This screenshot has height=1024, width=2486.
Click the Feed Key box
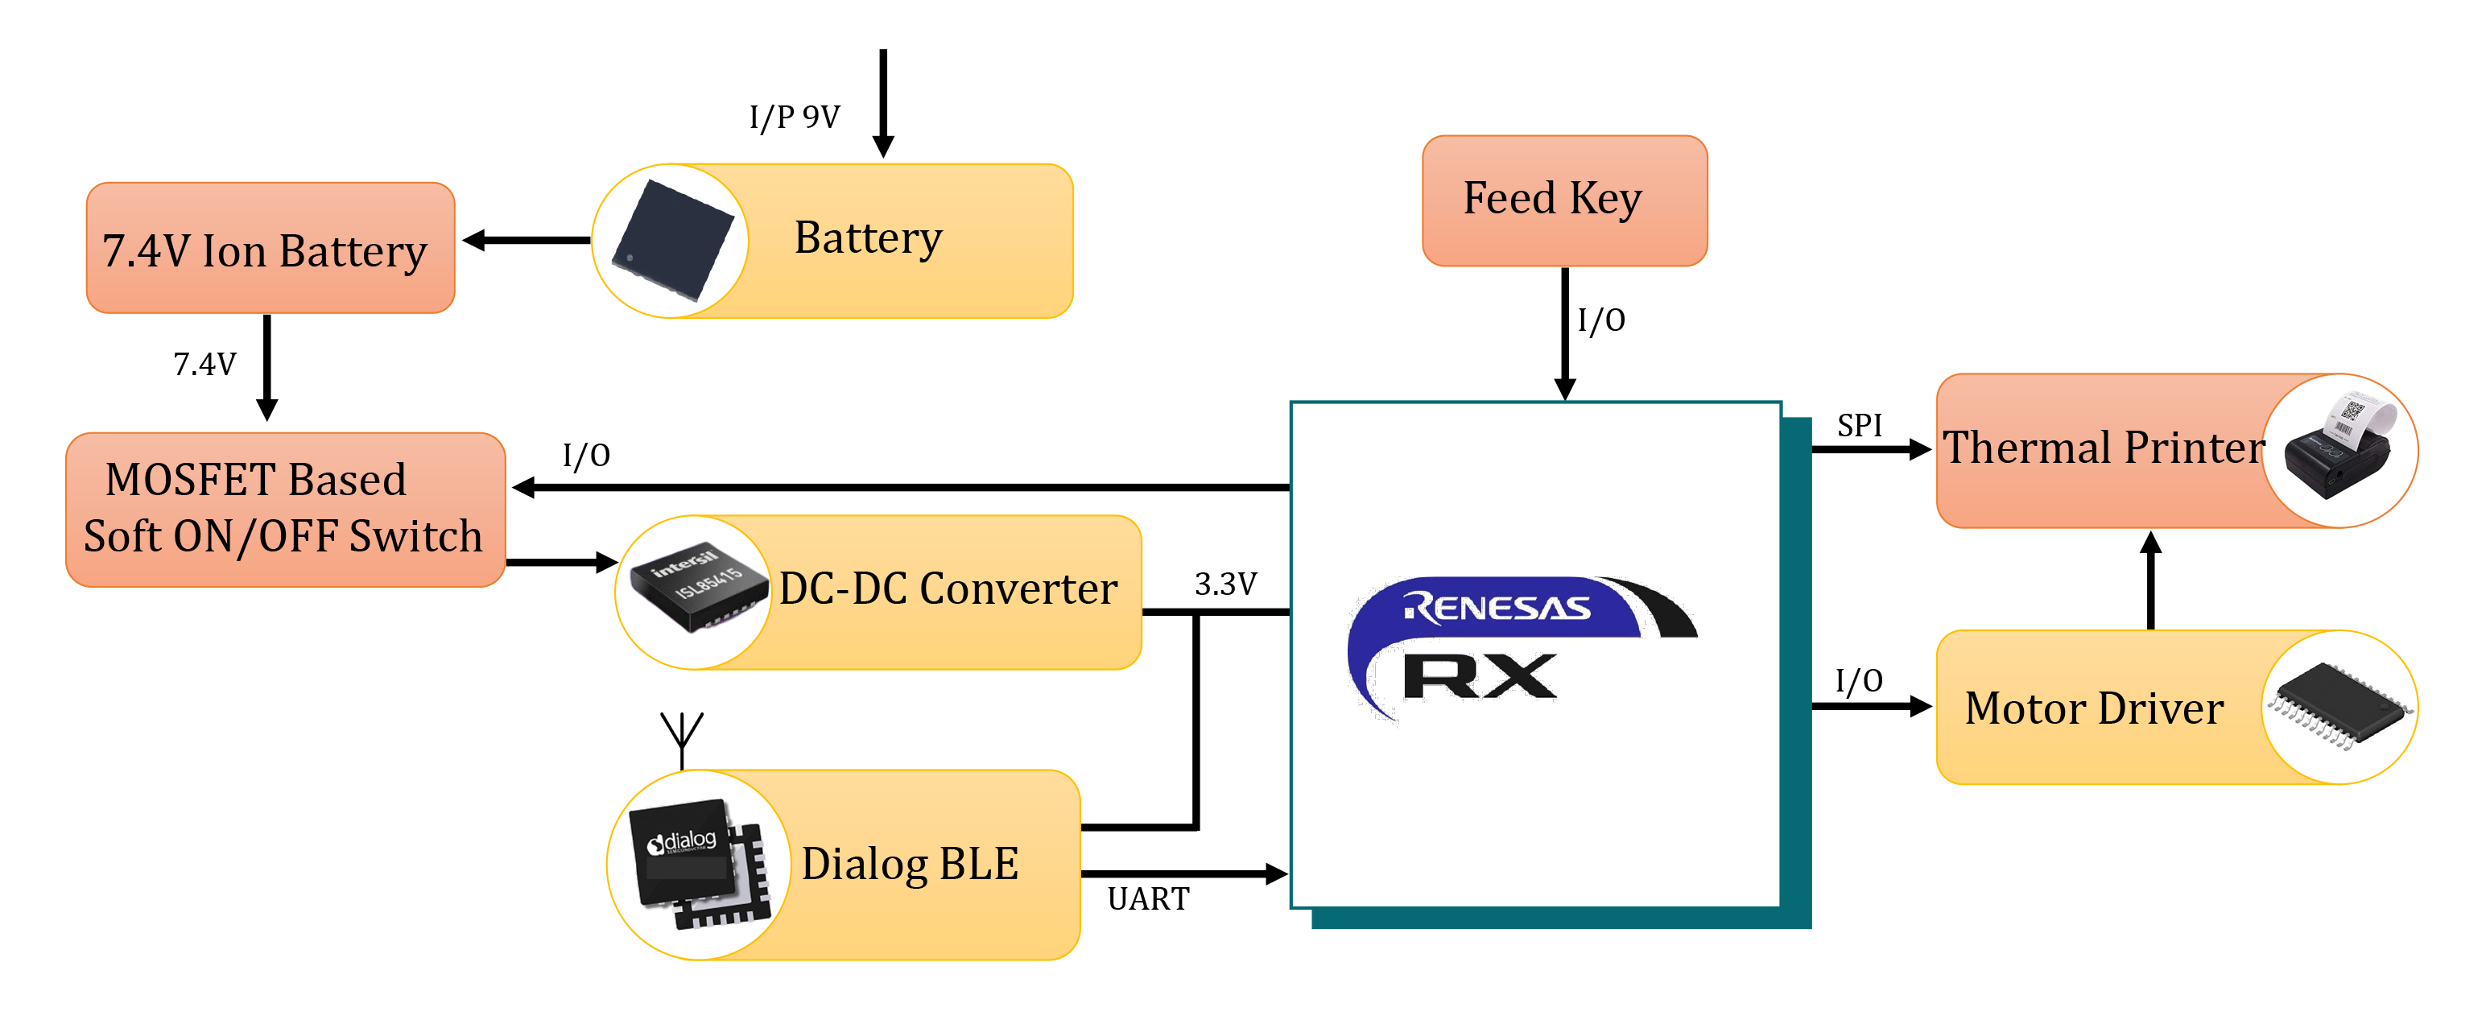pos(1563,200)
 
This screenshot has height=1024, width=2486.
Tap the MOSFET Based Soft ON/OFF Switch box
pos(285,509)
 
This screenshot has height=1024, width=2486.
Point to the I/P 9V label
pos(795,118)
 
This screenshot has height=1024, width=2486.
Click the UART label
pos(1147,898)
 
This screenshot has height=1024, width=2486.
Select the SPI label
pos(1859,426)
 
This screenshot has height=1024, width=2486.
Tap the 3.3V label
pos(1224,584)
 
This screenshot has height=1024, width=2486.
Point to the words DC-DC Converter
pos(948,588)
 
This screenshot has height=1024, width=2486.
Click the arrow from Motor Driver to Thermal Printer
pos(2150,579)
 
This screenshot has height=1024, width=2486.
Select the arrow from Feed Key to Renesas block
pos(1564,333)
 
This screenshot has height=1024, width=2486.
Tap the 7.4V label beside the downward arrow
pos(204,365)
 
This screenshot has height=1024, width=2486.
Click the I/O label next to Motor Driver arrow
pos(1858,680)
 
